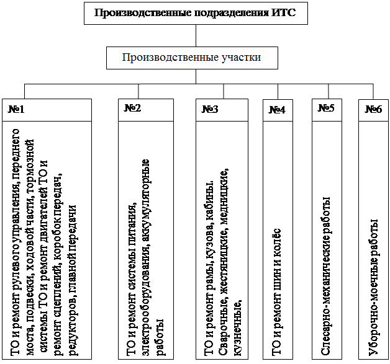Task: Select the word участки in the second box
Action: pos(240,57)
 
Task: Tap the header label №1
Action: pos(16,109)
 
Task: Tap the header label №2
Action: pos(132,108)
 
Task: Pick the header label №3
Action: pos(210,109)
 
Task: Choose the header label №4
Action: pos(277,110)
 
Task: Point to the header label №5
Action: pos(326,108)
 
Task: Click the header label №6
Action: pos(373,109)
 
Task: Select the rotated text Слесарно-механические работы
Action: pos(326,276)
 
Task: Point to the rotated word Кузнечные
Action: pos(238,328)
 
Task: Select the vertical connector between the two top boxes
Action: pos(196,35)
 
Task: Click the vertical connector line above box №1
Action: pos(24,91)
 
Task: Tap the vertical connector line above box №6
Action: pos(373,92)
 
